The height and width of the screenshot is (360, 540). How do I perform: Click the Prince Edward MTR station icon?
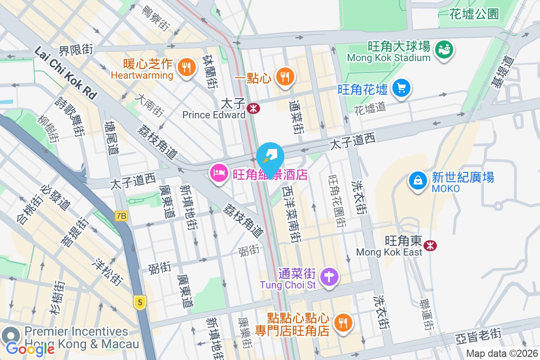[x=253, y=108]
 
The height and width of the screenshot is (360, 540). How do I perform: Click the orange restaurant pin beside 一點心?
[x=284, y=76]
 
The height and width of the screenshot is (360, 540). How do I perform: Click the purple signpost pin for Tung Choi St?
[x=330, y=275]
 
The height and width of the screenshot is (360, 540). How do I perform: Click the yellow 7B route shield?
[x=121, y=216]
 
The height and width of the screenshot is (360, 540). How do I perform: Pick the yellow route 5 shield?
[x=140, y=302]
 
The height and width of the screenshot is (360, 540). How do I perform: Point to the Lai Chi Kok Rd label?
[x=65, y=72]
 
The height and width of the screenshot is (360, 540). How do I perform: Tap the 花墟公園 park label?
[x=474, y=14]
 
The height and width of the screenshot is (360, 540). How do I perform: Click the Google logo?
[x=30, y=349]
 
